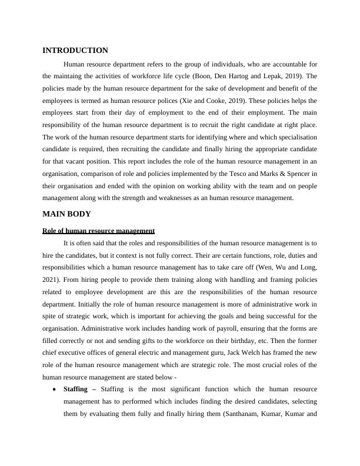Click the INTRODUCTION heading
pos(75,51)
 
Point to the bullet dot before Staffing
pos(55,390)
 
